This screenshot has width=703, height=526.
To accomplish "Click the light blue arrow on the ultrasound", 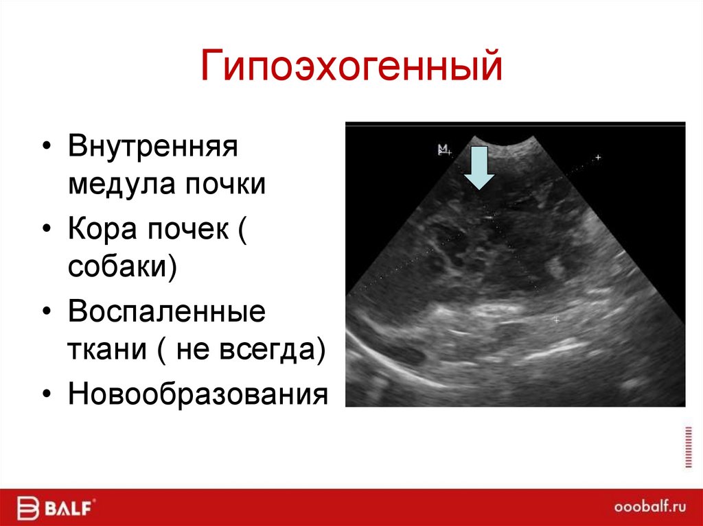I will click(x=479, y=167).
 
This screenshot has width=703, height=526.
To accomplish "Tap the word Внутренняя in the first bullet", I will click(x=152, y=147).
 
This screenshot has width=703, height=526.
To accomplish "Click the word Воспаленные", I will click(x=166, y=313).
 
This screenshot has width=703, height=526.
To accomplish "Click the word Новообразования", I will click(x=198, y=395).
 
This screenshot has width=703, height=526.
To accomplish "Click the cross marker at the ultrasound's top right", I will click(x=597, y=158).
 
